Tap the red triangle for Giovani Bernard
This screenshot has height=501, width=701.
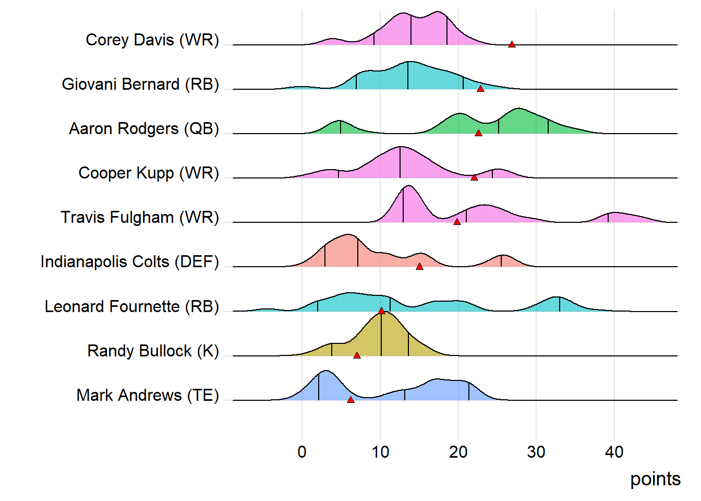(480, 89)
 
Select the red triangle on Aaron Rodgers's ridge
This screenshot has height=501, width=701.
(478, 134)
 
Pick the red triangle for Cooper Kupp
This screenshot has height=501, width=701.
(474, 178)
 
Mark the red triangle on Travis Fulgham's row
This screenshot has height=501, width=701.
(457, 222)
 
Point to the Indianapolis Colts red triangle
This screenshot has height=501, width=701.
(419, 267)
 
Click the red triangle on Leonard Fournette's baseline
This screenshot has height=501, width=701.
(381, 311)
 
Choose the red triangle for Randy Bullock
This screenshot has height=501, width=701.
(357, 355)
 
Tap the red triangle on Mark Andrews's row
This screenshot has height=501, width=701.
(350, 400)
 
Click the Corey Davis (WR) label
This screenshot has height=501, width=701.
(152, 40)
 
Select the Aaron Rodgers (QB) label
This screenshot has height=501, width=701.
(144, 129)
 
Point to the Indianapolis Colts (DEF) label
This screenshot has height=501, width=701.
(129, 262)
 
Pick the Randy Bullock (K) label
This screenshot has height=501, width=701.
(153, 351)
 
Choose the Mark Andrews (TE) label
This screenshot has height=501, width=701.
(148, 395)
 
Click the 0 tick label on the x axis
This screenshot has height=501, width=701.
(302, 452)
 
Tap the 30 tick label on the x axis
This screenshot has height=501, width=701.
(536, 452)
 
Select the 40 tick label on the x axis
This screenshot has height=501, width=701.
(614, 452)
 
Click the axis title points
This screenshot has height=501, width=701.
(655, 479)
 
